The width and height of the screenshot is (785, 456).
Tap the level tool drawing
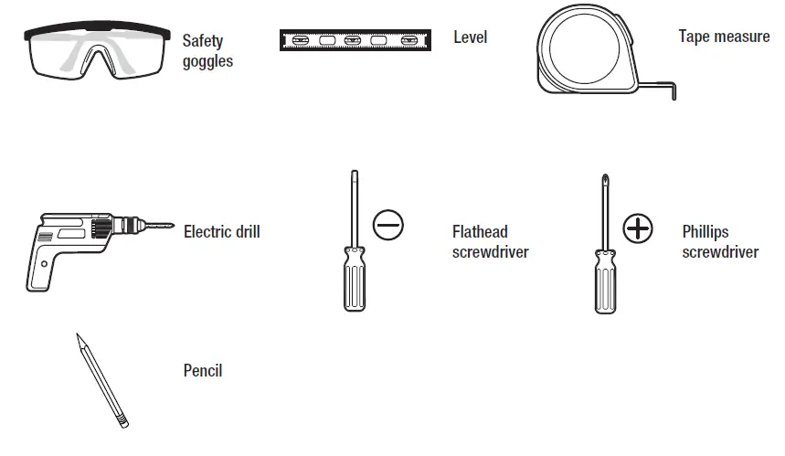pyautogui.click(x=355, y=39)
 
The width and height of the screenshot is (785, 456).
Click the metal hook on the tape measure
pyautogui.click(x=672, y=90)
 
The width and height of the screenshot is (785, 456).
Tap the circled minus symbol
pyautogui.click(x=387, y=223)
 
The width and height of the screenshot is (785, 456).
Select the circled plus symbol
pyautogui.click(x=638, y=228)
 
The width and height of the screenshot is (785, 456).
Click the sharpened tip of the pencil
pyautogui.click(x=80, y=338)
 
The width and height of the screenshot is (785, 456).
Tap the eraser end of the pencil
pyautogui.click(x=123, y=422)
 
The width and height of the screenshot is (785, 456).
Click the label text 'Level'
pyautogui.click(x=471, y=37)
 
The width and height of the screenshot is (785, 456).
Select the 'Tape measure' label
pyautogui.click(x=724, y=37)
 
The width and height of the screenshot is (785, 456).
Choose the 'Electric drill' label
pyautogui.click(x=221, y=232)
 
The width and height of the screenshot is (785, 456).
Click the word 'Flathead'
pyautogui.click(x=480, y=232)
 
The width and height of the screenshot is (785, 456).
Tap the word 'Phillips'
pyautogui.click(x=705, y=232)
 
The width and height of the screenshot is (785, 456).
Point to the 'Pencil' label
pyautogui.click(x=203, y=371)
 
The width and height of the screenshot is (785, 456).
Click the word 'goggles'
pyautogui.click(x=207, y=61)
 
